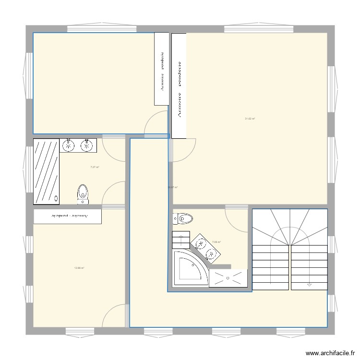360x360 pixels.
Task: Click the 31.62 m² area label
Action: click(250, 119)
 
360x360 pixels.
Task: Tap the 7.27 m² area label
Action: click(95, 167)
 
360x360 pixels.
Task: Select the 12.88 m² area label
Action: click(79, 268)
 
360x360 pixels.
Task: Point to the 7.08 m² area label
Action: click(216, 242)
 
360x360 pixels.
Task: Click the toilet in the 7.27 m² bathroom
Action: click(83, 192)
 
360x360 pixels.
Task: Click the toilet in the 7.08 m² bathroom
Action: click(182, 218)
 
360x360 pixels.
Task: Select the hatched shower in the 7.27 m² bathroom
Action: click(46, 170)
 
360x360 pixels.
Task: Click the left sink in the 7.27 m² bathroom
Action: click(69, 145)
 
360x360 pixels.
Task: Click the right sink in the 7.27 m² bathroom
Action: click(87, 145)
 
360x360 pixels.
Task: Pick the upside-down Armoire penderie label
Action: click(68, 216)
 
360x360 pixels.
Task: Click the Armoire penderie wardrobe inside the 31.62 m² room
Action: click(179, 86)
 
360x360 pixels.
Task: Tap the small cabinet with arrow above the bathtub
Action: click(182, 238)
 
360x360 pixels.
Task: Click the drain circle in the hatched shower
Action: click(56, 197)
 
